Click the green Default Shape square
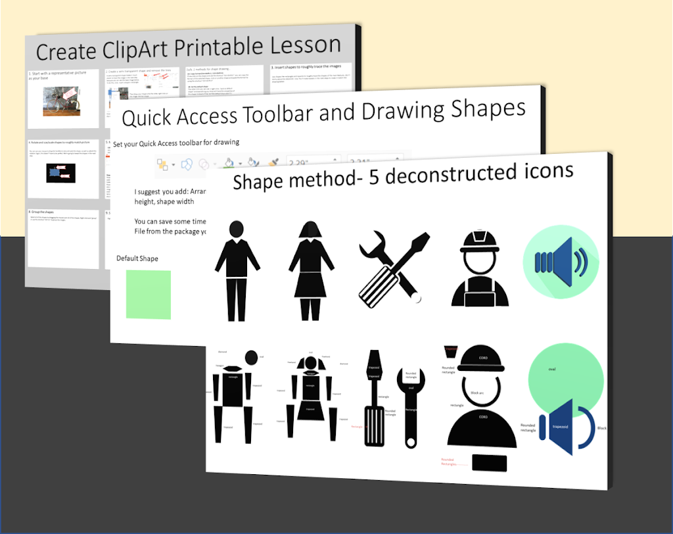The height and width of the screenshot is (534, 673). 149,295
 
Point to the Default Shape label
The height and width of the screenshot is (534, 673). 137,258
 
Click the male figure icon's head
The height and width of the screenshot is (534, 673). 237,229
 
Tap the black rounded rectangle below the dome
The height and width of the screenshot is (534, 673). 490,462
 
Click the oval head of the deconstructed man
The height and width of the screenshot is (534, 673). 250,358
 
